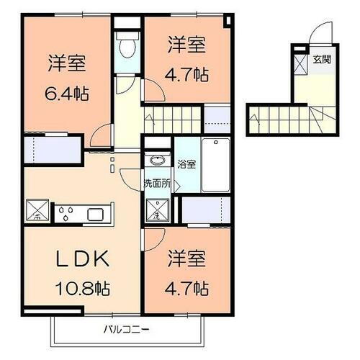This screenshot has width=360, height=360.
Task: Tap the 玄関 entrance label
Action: (322, 60)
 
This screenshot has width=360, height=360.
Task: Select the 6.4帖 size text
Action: (68, 94)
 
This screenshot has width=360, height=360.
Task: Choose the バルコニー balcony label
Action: (125, 330)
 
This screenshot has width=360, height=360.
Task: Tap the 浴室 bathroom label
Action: (186, 164)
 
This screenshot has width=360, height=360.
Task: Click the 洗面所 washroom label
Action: (157, 183)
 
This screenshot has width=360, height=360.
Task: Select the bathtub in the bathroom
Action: (215, 165)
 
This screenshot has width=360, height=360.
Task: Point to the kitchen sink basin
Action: (96, 213)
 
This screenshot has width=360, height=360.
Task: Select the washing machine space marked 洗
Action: (156, 211)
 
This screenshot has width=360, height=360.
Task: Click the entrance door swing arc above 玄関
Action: (320, 34)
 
